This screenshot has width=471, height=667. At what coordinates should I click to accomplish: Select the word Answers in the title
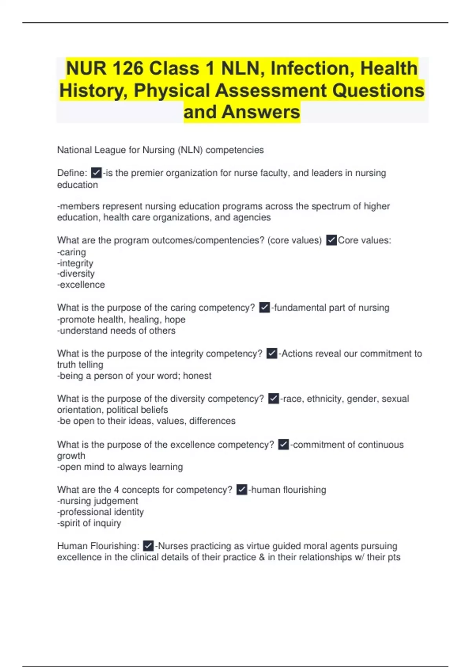coord(261,112)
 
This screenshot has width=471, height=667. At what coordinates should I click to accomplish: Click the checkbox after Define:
coord(96,173)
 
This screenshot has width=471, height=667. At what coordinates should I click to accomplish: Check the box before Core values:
coord(331,240)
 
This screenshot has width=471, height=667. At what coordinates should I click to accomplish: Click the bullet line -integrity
coord(75,263)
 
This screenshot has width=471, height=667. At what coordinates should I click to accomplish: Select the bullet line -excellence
coord(81,284)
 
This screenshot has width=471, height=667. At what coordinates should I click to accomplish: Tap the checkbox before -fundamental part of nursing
coord(265,308)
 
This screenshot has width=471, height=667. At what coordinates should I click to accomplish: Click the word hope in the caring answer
coord(175,319)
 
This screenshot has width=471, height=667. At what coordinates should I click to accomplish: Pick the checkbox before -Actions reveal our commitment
coord(272,354)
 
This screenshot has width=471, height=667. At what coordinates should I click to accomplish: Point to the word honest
coord(197,376)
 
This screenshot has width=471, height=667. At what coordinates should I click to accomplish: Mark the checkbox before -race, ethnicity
coord(274,399)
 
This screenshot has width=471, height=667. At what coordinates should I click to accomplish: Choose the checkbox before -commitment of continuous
coord(283,445)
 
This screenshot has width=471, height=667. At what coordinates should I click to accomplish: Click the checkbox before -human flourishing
coord(242,490)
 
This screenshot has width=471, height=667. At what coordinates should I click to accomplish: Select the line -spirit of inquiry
coord(89,523)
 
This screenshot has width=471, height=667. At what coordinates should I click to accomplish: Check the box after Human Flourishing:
coord(148,546)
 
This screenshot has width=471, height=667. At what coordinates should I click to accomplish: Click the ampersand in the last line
coord(262,557)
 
